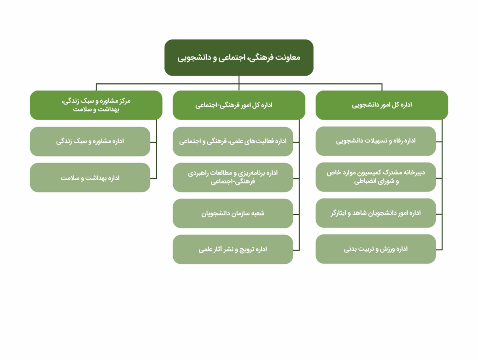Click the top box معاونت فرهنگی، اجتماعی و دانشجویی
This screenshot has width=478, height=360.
click(239, 57)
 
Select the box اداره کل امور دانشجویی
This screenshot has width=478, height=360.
click(382, 105)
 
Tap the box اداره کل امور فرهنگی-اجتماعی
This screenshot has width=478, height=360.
click(239, 105)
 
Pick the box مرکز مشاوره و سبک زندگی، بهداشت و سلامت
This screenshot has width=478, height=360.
click(96, 105)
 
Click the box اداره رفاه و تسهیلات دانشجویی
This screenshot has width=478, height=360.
click(376, 141)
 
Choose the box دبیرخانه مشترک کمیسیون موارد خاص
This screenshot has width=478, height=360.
click(376, 177)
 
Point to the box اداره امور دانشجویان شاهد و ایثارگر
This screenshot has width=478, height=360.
click(376, 213)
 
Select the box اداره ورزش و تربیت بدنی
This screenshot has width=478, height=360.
click(376, 249)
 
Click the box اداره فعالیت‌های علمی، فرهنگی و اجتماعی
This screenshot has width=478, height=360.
click(233, 141)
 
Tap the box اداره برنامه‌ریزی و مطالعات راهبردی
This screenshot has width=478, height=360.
click(233, 177)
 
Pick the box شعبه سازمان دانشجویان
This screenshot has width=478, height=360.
click(233, 213)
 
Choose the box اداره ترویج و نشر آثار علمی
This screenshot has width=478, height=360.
click(233, 249)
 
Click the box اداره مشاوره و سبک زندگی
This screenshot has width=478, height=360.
click(90, 141)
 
